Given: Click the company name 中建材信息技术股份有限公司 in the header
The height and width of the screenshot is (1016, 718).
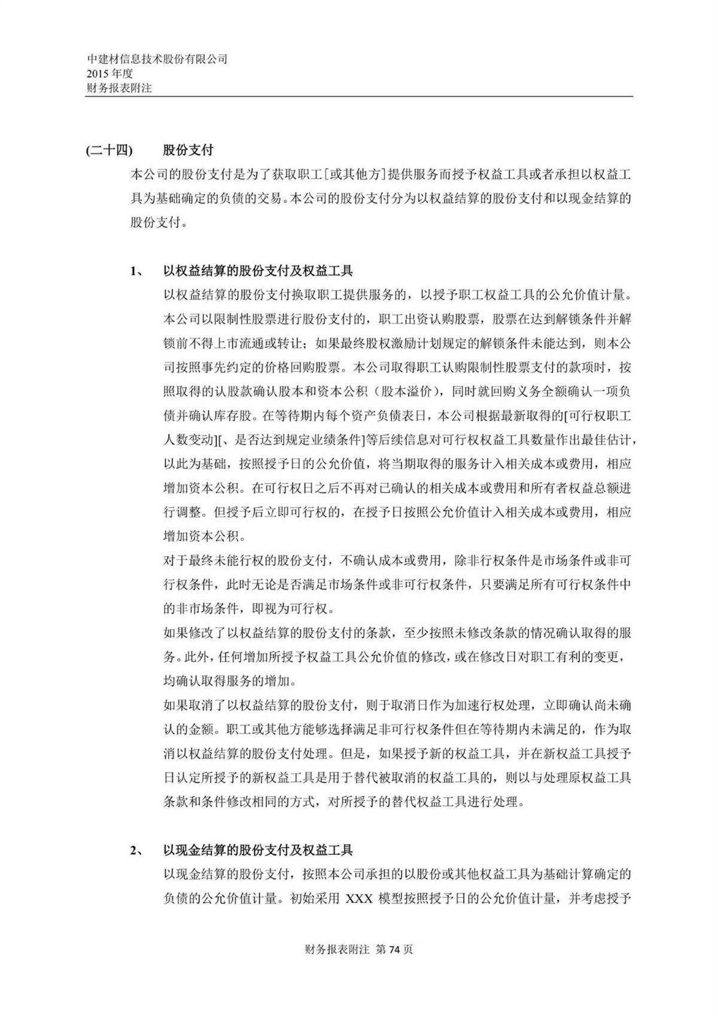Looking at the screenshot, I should (x=157, y=59).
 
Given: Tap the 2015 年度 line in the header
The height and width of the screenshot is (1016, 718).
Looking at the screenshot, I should (x=109, y=74).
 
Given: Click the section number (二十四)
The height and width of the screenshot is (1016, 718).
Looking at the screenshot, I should (x=109, y=150).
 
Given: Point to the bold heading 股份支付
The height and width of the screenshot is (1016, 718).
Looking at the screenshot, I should (x=188, y=150).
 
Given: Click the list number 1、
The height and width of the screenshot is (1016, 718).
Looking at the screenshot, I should (x=137, y=271).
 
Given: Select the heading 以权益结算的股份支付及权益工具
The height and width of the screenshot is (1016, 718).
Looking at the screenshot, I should (x=258, y=271).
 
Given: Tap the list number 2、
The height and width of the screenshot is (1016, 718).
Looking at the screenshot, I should (x=137, y=850).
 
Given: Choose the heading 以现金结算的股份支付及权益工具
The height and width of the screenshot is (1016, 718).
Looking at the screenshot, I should (x=258, y=850).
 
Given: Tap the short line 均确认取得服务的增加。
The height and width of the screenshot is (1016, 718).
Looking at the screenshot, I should (x=229, y=681).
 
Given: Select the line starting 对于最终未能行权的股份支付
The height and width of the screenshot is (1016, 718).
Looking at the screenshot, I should (x=397, y=561).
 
